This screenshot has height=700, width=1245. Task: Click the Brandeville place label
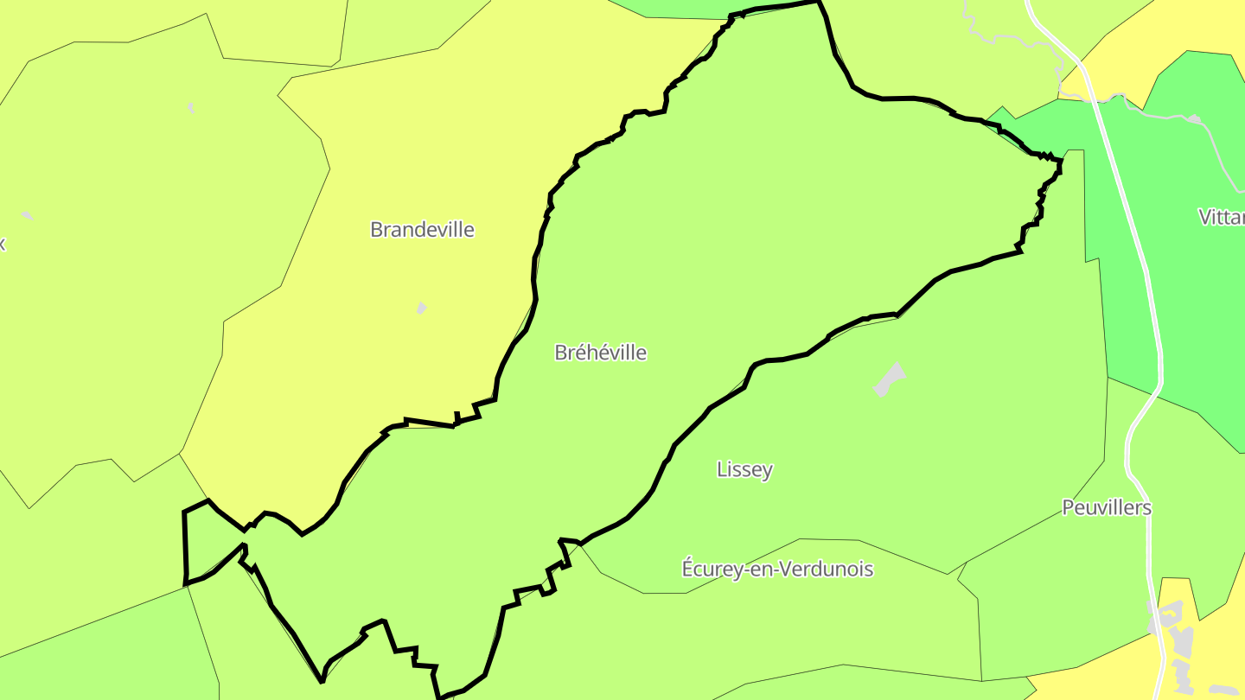422,230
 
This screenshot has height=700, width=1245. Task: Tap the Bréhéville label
600,353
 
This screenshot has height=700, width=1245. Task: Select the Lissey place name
744,469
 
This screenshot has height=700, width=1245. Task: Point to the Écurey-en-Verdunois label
777,570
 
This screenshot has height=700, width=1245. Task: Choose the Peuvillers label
1107,507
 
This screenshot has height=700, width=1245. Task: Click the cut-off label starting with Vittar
1221,217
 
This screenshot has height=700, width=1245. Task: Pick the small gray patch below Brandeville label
421,308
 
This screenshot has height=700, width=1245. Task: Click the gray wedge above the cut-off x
27,215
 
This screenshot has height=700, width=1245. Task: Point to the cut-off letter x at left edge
3,244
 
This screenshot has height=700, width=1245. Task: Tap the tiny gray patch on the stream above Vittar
1194,118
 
